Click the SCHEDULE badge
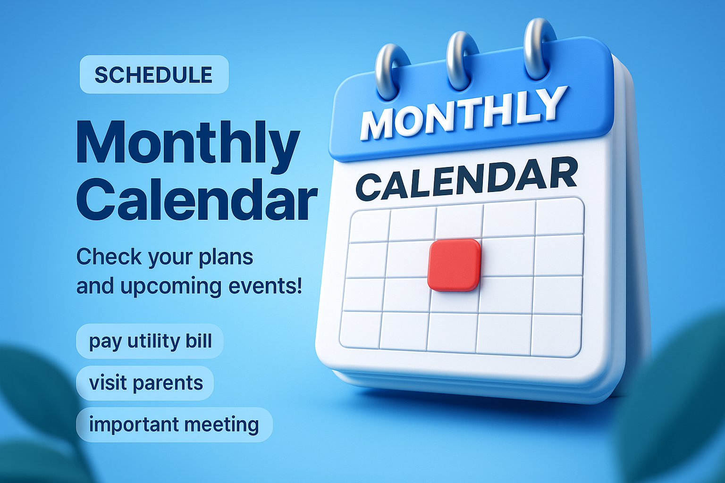click(x=154, y=75)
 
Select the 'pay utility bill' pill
click(x=150, y=341)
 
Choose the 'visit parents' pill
click(x=145, y=383)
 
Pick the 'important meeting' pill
click(x=174, y=425)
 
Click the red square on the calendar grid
click(x=454, y=265)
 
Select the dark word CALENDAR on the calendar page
click(x=466, y=180)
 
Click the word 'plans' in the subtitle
click(x=226, y=257)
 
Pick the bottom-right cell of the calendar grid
click(x=556, y=335)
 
